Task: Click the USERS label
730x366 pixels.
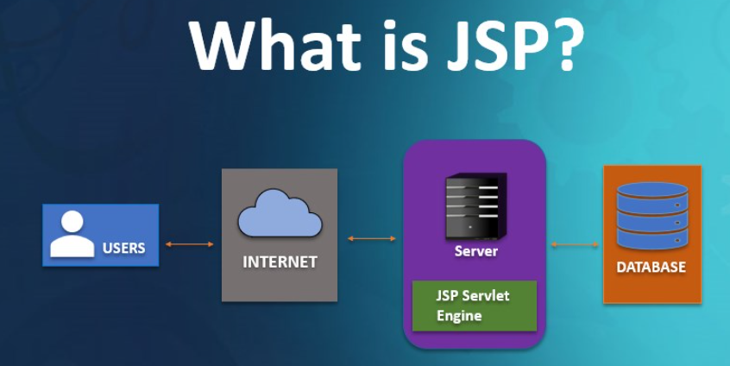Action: click(124, 248)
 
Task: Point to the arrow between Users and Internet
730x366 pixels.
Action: click(190, 244)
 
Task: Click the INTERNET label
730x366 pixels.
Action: click(280, 262)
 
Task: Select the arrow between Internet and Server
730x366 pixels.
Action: click(371, 238)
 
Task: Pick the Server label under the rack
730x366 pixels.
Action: click(476, 251)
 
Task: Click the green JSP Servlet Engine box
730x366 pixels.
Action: click(474, 306)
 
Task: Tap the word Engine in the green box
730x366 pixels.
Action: click(459, 316)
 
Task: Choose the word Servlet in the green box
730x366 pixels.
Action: click(486, 295)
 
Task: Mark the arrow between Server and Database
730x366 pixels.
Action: click(575, 245)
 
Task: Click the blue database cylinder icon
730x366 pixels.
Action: click(651, 214)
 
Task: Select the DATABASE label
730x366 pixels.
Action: click(651, 267)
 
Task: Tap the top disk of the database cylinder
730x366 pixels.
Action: click(651, 190)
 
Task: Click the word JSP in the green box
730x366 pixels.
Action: click(448, 295)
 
